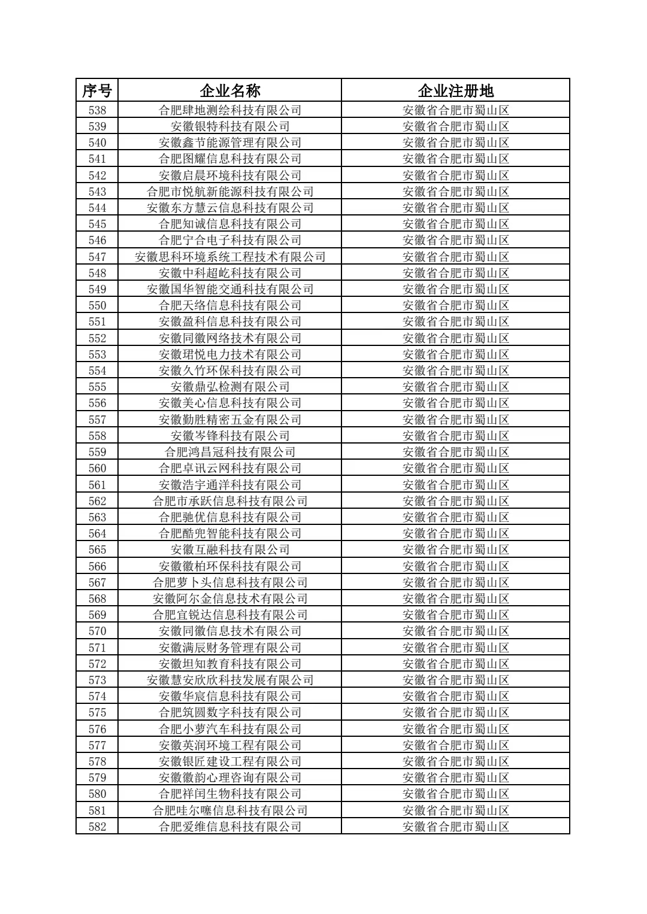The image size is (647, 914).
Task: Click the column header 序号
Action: [97, 91]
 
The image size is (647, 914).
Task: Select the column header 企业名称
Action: [230, 91]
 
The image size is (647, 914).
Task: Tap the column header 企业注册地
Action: [455, 91]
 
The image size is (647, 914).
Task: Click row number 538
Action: [97, 110]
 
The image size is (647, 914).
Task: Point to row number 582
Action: [97, 827]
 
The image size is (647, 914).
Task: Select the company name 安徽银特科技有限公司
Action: [230, 126]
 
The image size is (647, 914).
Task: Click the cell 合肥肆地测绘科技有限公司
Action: [230, 110]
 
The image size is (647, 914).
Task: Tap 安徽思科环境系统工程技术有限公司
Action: [230, 257]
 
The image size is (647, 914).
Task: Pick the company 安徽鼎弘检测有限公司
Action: [230, 387]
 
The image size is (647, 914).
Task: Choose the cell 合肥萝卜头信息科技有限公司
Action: [230, 582]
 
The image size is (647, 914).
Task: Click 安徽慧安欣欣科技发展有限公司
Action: [230, 680]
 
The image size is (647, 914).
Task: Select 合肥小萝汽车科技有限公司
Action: [230, 729]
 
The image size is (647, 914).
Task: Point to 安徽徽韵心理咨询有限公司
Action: [230, 778]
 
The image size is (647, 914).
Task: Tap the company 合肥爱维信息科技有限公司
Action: [230, 827]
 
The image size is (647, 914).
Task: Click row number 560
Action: [97, 468]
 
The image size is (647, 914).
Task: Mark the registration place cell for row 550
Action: [455, 305]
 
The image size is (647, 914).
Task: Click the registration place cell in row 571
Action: [455, 648]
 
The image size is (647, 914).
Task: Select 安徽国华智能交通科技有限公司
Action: [230, 289]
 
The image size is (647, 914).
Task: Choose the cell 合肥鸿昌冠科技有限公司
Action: [230, 452]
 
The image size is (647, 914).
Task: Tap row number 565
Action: [97, 549]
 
